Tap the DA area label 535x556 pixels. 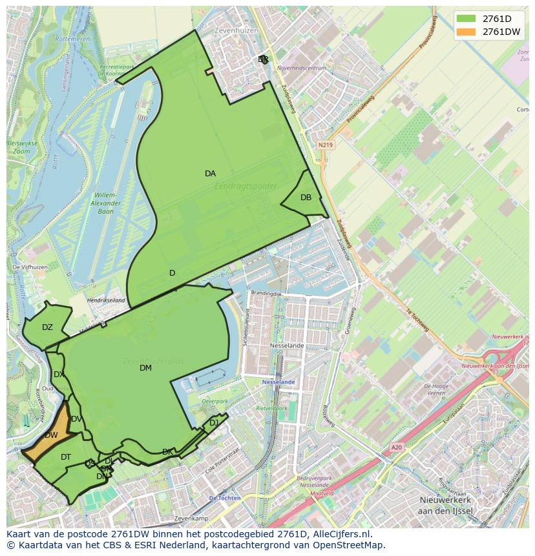click(x=210, y=174)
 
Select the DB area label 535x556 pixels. click(x=306, y=198)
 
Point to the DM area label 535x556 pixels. click(x=145, y=368)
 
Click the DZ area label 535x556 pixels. click(x=47, y=327)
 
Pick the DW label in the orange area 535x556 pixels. click(x=51, y=435)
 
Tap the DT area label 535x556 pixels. click(x=66, y=457)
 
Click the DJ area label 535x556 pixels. click(x=214, y=423)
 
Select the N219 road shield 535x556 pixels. click(x=325, y=145)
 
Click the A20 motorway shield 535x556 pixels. click(x=396, y=447)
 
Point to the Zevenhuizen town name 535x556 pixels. click(x=238, y=30)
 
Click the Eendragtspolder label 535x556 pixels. click(x=246, y=186)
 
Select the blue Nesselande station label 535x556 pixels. click(x=278, y=382)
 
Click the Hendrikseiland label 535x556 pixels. click(x=106, y=301)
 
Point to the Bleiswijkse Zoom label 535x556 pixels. click(x=22, y=147)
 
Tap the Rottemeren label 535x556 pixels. click(x=73, y=39)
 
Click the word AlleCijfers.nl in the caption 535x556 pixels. click(x=340, y=534)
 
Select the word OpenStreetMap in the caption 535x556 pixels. click(x=348, y=545)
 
